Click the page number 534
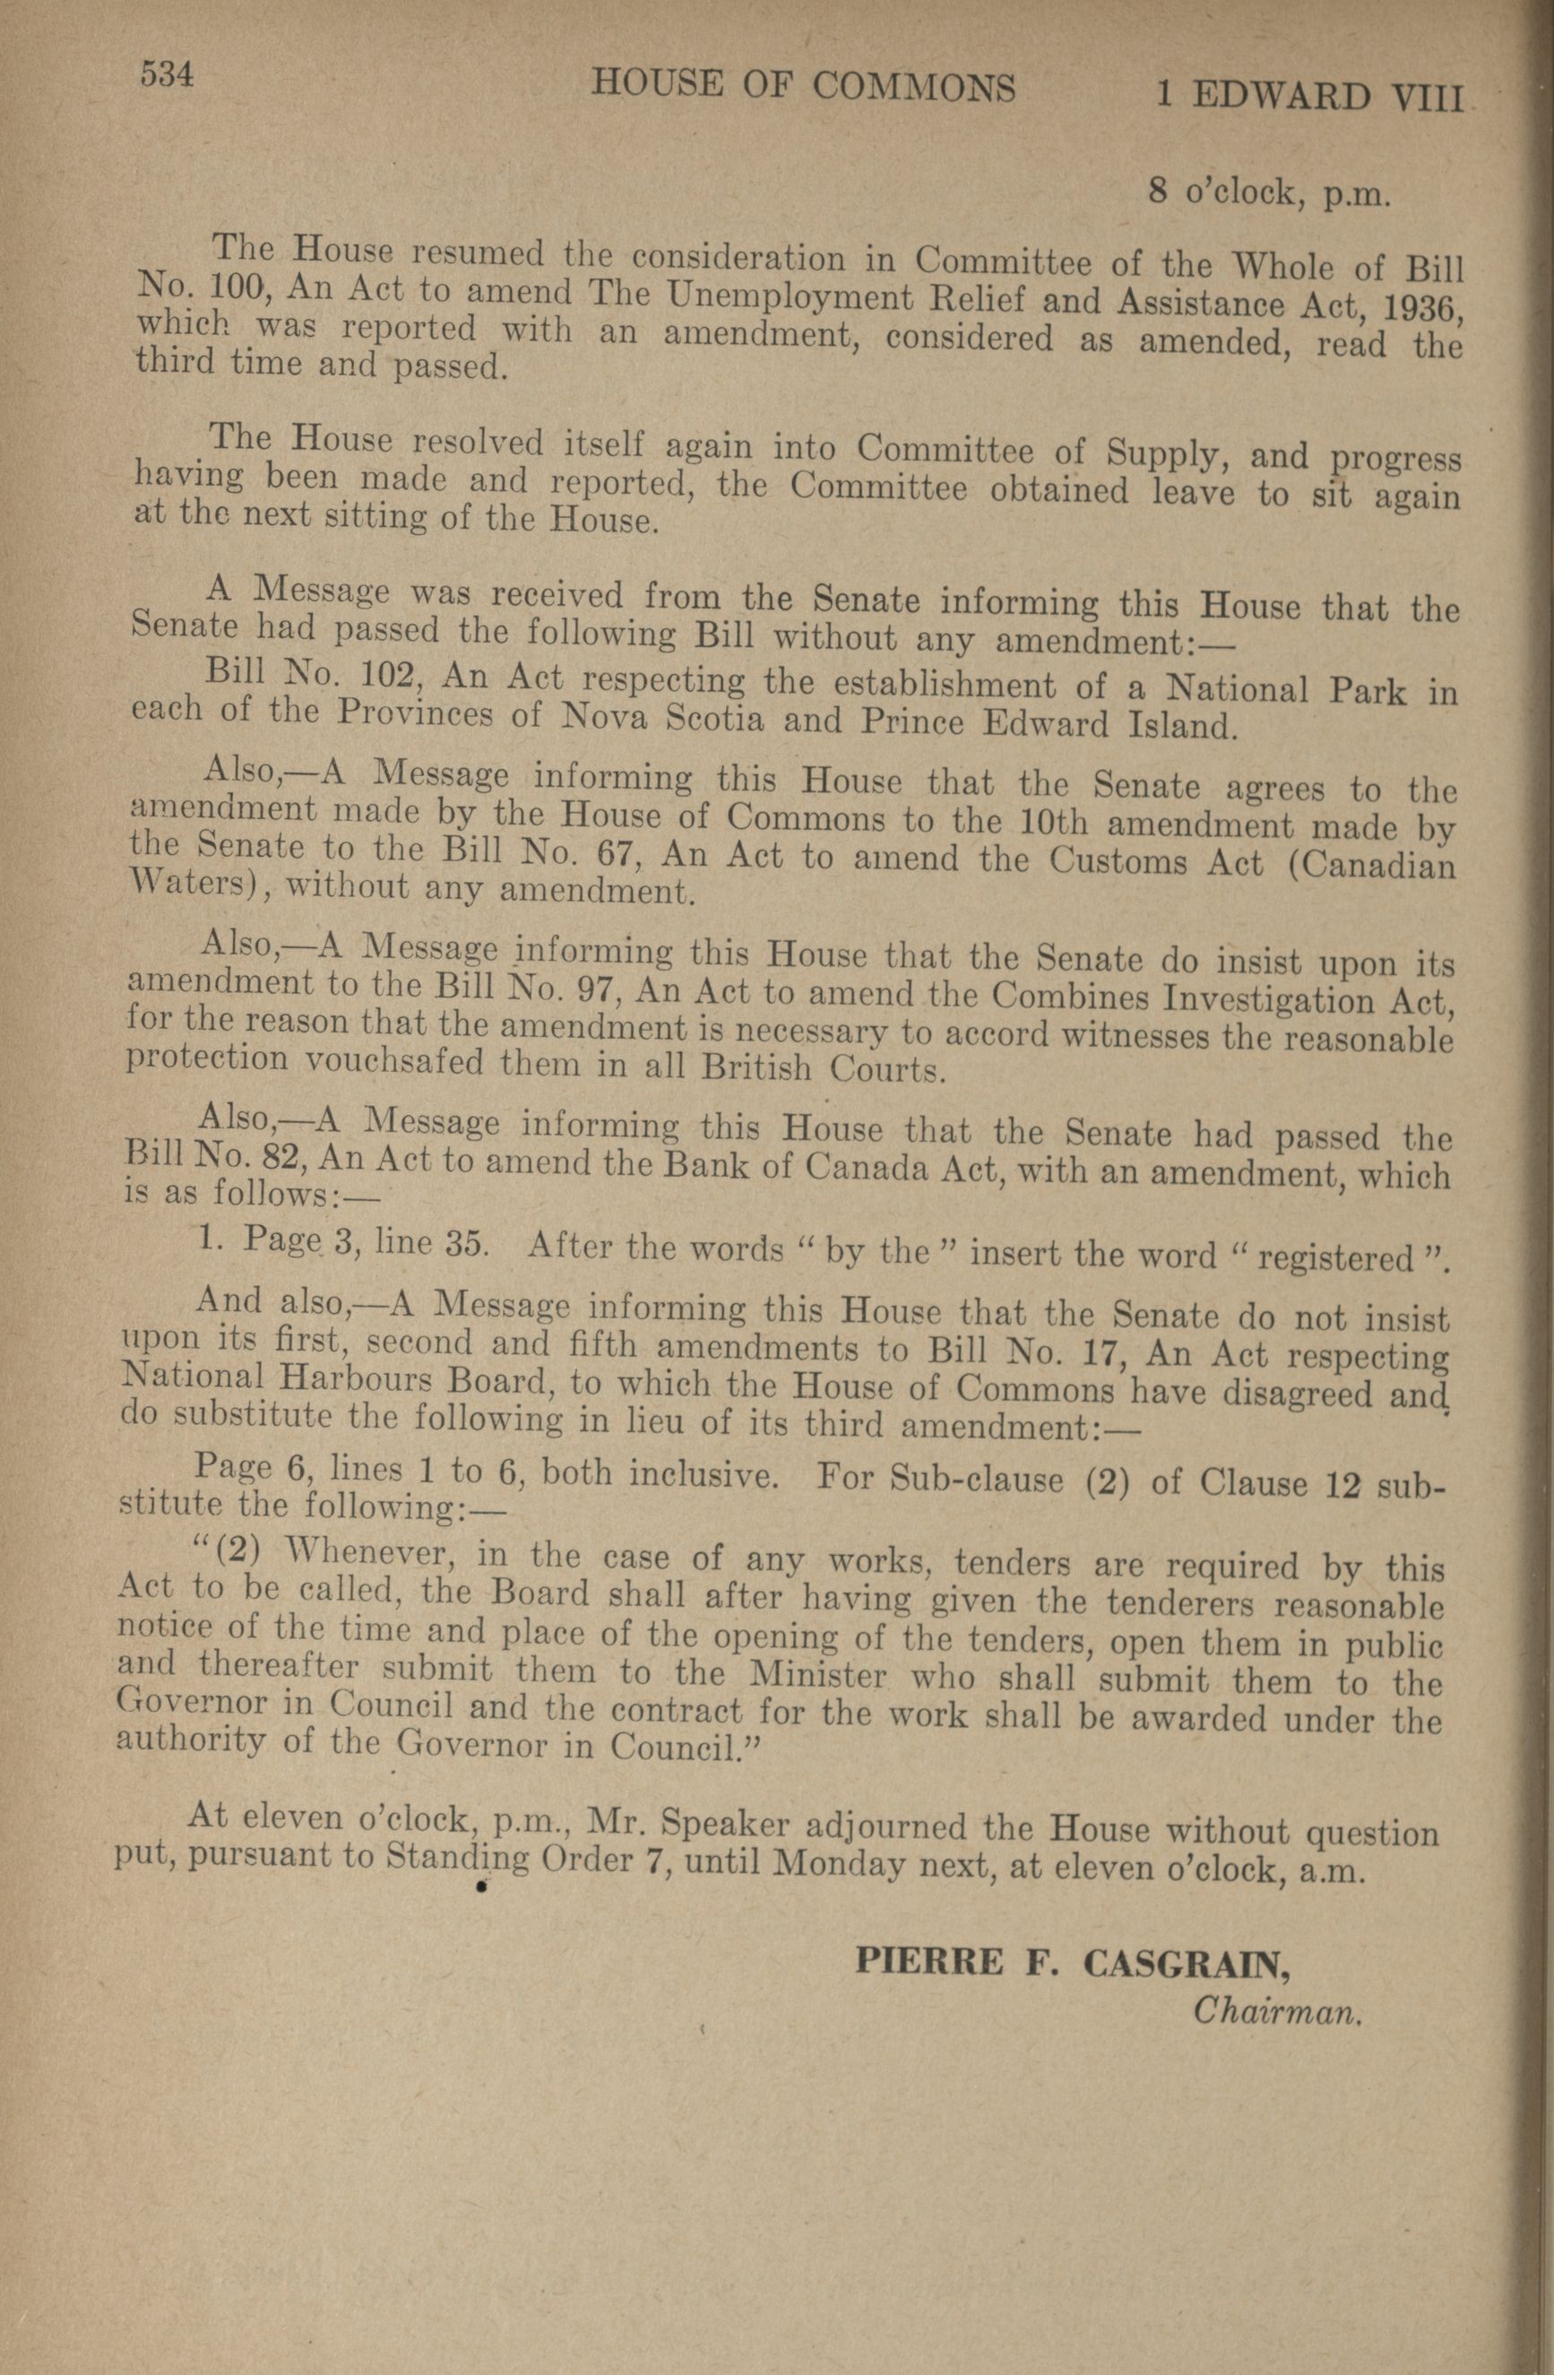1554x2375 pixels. click(x=166, y=75)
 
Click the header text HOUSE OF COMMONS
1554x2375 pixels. click(x=804, y=87)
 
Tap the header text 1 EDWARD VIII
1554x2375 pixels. click(x=1308, y=96)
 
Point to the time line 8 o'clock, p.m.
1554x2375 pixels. click(x=1268, y=192)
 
